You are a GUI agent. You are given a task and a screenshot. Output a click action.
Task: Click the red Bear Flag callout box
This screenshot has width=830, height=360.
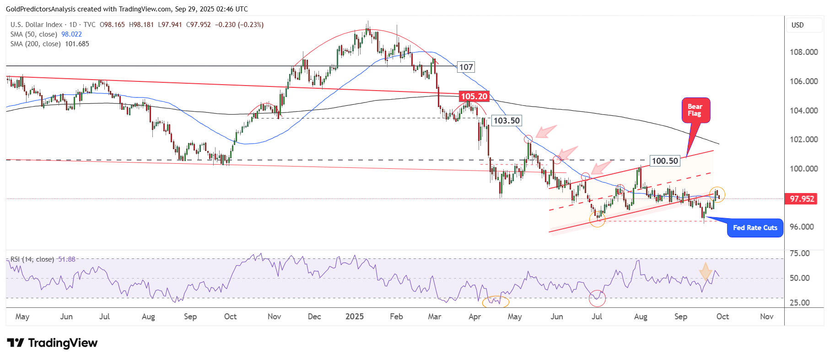click(695, 110)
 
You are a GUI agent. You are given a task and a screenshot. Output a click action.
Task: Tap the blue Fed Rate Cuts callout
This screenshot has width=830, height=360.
click(755, 228)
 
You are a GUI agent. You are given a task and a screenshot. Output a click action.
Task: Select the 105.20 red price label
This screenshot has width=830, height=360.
click(474, 97)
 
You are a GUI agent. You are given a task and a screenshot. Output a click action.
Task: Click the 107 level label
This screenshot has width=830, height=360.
click(466, 67)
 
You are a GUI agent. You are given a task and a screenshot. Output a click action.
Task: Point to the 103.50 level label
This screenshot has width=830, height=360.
click(507, 121)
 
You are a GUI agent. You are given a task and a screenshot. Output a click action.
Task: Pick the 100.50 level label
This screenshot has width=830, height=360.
click(665, 161)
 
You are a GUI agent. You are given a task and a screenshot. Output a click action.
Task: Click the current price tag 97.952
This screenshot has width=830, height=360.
click(802, 199)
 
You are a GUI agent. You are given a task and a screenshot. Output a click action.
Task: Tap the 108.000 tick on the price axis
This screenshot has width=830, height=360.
click(803, 52)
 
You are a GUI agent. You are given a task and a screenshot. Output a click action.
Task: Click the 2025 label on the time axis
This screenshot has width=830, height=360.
click(355, 317)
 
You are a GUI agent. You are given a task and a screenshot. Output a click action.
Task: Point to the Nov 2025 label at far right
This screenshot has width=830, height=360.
click(766, 317)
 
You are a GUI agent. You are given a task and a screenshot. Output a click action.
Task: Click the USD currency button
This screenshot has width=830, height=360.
click(798, 25)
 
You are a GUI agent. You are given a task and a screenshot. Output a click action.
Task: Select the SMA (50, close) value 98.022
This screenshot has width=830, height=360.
click(71, 34)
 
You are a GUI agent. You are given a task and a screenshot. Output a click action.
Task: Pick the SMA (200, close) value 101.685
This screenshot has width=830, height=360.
click(77, 44)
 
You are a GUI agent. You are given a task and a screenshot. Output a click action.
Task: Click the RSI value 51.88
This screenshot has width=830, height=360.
click(67, 259)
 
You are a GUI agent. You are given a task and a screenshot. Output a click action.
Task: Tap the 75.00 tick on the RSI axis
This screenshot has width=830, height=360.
click(799, 253)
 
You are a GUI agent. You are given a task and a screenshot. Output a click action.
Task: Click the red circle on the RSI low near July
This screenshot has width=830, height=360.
click(597, 298)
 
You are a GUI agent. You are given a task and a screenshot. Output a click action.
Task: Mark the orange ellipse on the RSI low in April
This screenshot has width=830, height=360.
click(496, 301)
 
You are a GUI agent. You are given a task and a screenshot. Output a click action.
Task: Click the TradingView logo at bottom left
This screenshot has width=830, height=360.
click(52, 343)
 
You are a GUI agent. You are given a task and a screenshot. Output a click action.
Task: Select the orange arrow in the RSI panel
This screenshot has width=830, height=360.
click(706, 271)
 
